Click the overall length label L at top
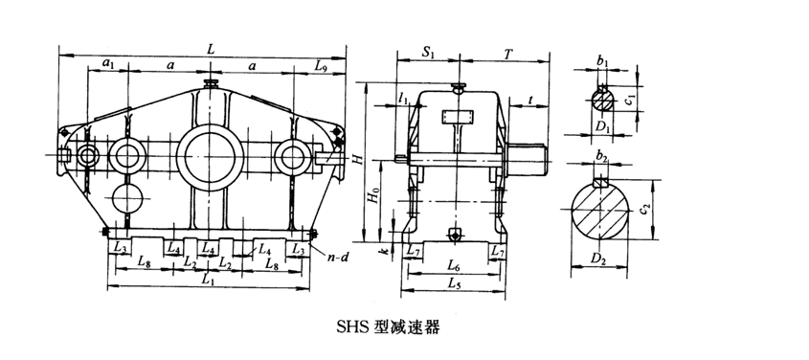coord(211,49)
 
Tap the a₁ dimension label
coord(107,63)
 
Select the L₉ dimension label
coord(321,65)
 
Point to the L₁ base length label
coord(208,281)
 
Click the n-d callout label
coord(339,256)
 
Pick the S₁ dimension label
coord(428,53)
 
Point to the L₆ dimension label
coord(454,266)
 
